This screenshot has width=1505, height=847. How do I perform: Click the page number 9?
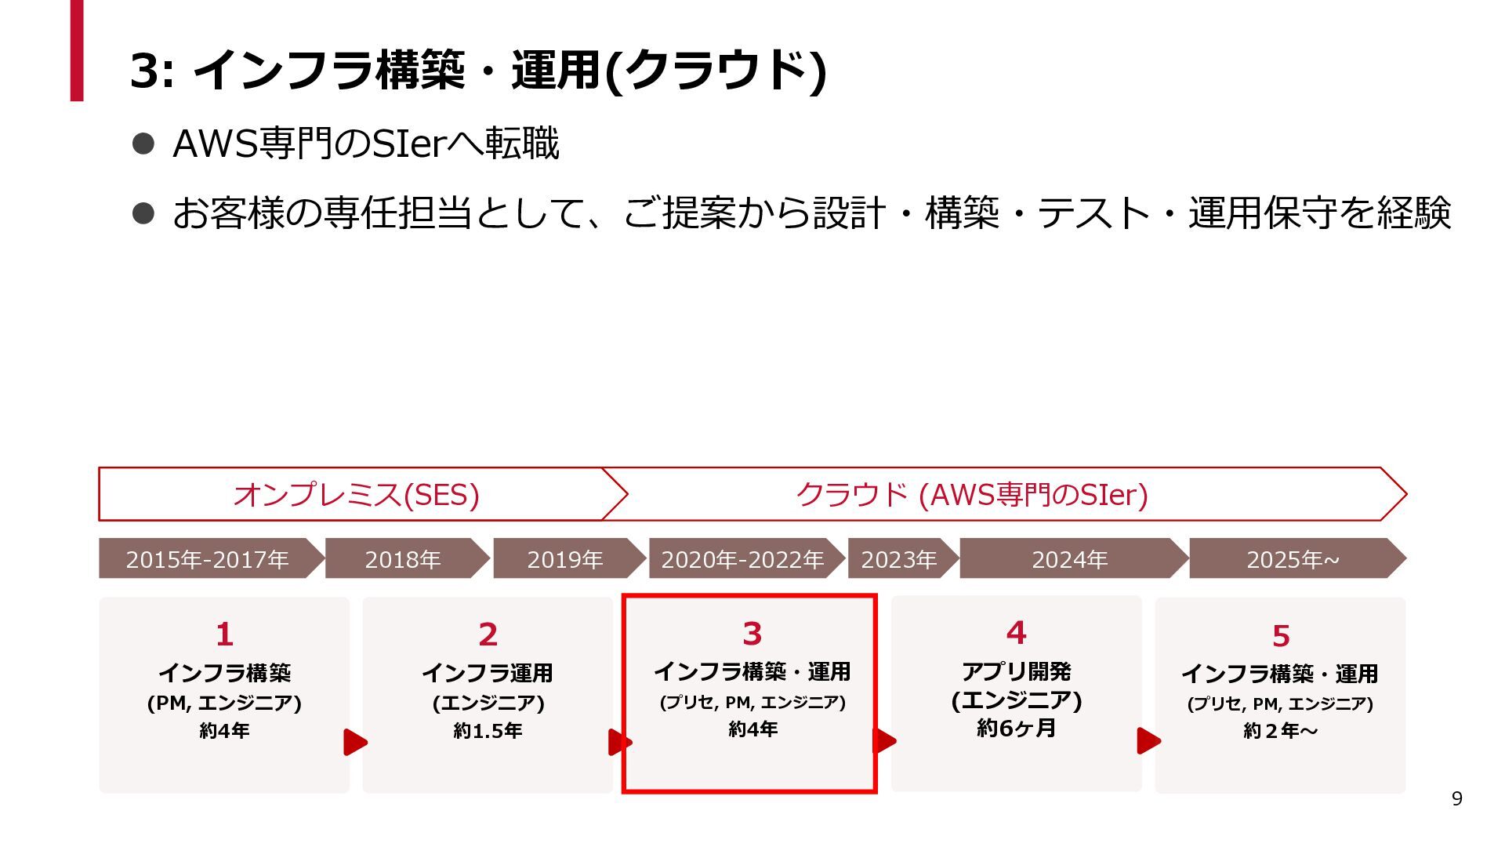pyautogui.click(x=1456, y=798)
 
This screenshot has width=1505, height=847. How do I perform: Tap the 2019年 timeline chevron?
pyautogui.click(x=565, y=559)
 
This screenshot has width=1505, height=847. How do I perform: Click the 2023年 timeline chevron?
pyautogui.click(x=899, y=559)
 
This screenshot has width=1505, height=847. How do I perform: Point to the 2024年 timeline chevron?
pyautogui.click(x=1069, y=559)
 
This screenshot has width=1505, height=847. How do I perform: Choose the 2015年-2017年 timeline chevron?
pyautogui.click(x=208, y=559)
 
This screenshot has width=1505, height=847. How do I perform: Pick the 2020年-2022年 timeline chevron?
pyautogui.click(x=742, y=559)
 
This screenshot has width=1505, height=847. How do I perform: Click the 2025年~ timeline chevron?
pyautogui.click(x=1293, y=559)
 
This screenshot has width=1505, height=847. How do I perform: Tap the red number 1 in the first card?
pyautogui.click(x=224, y=634)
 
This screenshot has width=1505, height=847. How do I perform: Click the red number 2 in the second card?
pyautogui.click(x=488, y=634)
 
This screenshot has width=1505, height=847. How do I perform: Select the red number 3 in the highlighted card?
pyautogui.click(x=752, y=633)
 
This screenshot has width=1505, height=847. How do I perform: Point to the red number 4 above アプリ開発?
pyautogui.click(x=1016, y=632)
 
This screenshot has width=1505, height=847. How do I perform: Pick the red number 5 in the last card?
pyautogui.click(x=1280, y=635)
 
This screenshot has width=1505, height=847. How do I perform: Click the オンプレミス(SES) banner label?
pyautogui.click(x=356, y=495)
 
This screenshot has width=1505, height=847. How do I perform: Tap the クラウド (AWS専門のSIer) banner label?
pyautogui.click(x=972, y=495)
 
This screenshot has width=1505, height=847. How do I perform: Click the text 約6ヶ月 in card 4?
pyautogui.click(x=1016, y=728)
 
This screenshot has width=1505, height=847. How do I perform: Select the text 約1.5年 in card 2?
pyautogui.click(x=488, y=730)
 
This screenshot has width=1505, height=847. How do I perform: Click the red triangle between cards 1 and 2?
pyautogui.click(x=354, y=742)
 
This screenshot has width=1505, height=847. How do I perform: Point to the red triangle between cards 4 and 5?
pyautogui.click(x=1148, y=740)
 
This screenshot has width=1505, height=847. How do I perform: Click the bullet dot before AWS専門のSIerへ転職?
pyautogui.click(x=143, y=144)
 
